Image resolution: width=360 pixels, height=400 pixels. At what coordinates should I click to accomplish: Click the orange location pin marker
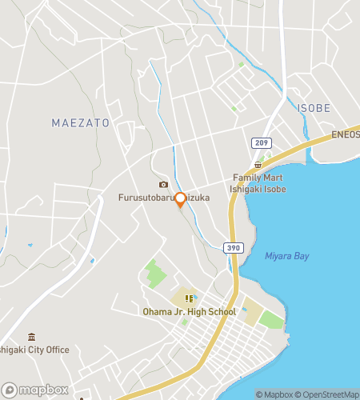tap(180, 200)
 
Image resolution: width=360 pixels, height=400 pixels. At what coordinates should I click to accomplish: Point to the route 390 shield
tap(232, 250)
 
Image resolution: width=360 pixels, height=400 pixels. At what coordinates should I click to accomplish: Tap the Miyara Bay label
tap(286, 256)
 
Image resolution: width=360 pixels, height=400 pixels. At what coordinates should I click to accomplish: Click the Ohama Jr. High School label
tap(190, 311)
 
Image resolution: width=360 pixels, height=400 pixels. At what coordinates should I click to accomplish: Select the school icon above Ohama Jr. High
tap(190, 298)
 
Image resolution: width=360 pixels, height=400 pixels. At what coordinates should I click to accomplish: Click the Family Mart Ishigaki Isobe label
tap(259, 183)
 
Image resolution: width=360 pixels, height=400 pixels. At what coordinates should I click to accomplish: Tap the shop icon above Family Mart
tap(258, 164)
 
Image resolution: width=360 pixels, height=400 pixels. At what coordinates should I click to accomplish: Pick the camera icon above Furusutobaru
tap(163, 184)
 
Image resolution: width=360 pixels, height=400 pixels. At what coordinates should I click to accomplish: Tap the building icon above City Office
tap(31, 337)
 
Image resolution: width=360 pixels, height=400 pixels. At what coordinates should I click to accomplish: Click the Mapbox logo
tap(35, 390)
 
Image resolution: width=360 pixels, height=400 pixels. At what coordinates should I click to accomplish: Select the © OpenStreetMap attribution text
tap(327, 394)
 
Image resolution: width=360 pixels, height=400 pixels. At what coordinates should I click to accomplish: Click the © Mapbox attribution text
tap(274, 394)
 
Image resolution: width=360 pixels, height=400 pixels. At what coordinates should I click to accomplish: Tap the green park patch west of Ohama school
tap(156, 274)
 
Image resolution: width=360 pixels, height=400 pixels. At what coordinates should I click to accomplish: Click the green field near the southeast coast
tap(271, 320)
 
